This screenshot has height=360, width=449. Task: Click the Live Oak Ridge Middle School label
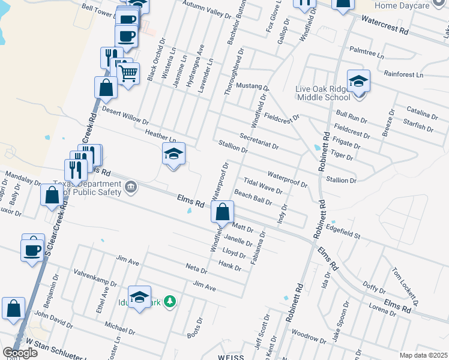coord(322,93)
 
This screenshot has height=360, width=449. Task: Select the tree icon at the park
coord(170,301)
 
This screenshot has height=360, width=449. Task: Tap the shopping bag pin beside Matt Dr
coord(222,212)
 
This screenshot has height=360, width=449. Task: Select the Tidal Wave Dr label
coord(262,185)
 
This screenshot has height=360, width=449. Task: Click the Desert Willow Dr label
coord(125,116)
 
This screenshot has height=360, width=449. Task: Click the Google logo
coord(20,352)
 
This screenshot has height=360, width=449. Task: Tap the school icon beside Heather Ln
coord(173,154)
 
